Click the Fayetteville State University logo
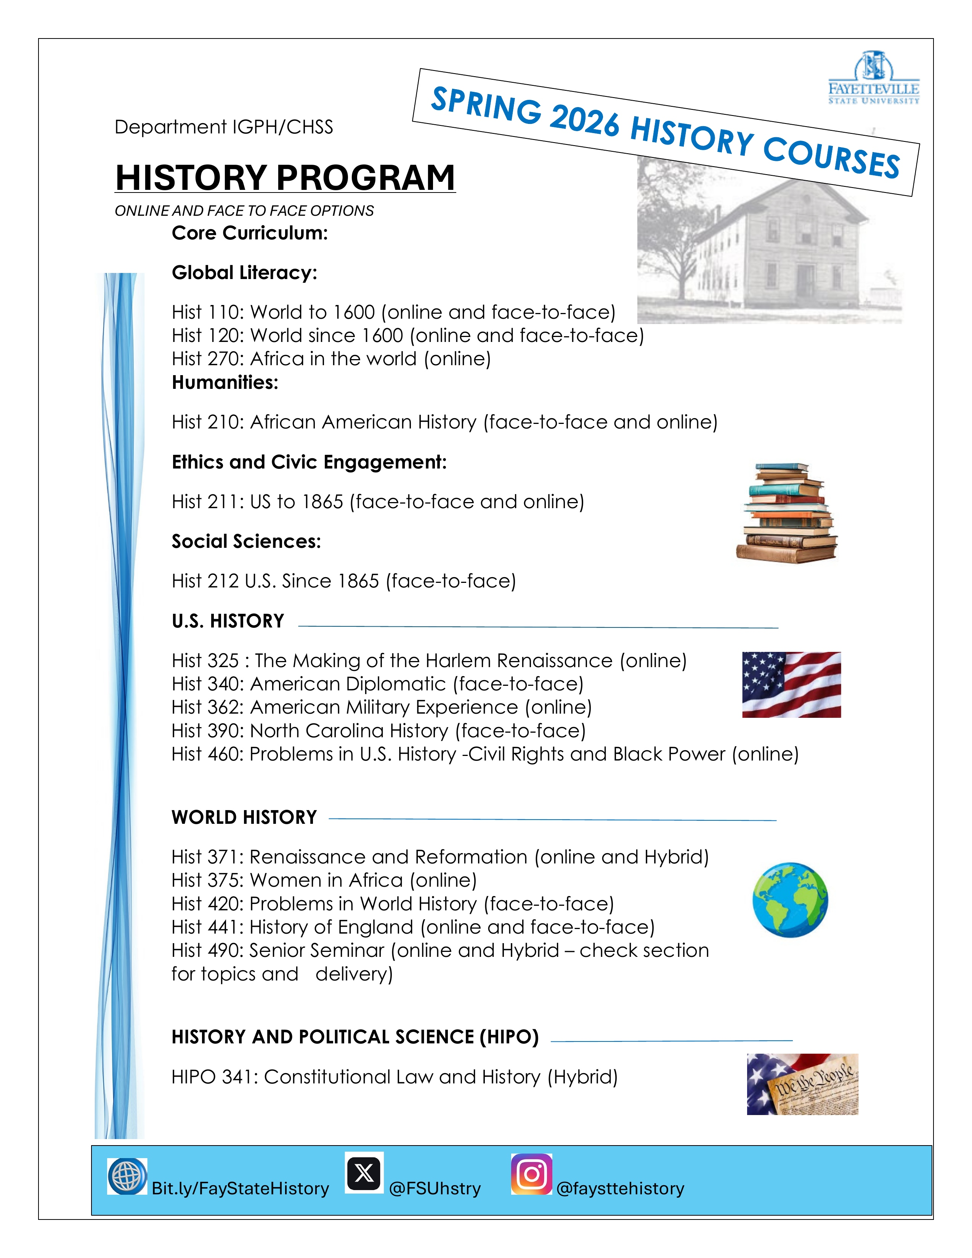[x=874, y=78]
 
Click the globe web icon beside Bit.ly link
[x=127, y=1176]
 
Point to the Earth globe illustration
[x=790, y=899]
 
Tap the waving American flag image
[x=791, y=684]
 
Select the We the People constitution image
[x=802, y=1084]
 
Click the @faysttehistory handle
[x=620, y=1188]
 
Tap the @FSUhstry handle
[x=435, y=1188]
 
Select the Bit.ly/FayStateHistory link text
[x=240, y=1188]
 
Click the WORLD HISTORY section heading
[x=244, y=817]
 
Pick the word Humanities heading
[x=225, y=382]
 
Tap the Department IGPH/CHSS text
[x=223, y=127]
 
